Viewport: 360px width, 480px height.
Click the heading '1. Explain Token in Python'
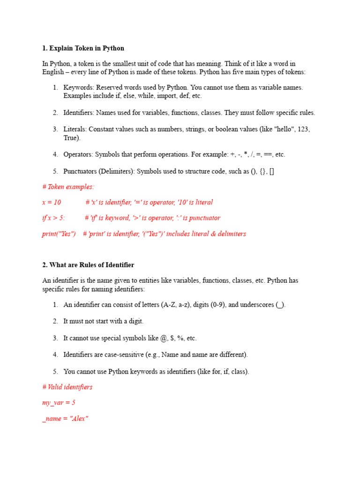pos(83,48)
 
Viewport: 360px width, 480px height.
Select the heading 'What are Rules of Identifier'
pos(91,265)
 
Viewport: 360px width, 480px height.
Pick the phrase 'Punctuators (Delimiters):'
pos(99,171)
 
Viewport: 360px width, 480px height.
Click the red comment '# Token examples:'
pos(68,187)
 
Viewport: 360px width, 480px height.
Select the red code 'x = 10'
pos(52,202)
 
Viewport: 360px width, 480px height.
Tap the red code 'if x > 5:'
pos(53,217)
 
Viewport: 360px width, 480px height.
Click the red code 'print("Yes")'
pos(59,233)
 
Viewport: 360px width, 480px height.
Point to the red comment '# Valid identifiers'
pos(67,387)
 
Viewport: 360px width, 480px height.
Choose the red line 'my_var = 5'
pos(59,402)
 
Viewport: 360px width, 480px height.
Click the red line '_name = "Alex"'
pos(65,418)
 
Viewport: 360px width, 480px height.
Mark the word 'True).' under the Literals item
pos(72,138)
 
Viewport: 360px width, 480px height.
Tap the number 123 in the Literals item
pos(303,129)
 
